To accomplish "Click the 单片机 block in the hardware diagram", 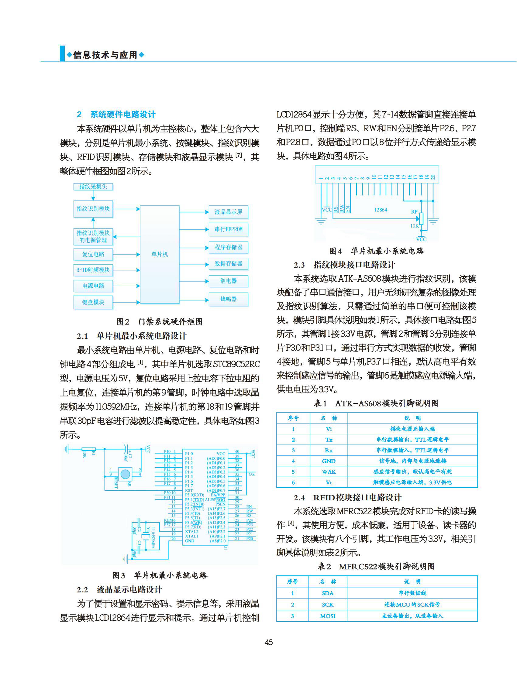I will [x=160, y=254].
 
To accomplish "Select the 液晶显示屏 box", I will [x=228, y=212].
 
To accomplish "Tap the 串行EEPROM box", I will [x=228, y=229].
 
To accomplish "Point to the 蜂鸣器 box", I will [x=228, y=299].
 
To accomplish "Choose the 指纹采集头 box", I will [x=93, y=187].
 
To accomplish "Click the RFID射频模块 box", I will [x=93, y=270].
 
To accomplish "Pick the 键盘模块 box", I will [x=93, y=302].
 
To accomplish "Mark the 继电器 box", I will [x=228, y=281].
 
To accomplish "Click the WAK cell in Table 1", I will [x=329, y=472].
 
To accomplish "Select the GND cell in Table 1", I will [x=329, y=461].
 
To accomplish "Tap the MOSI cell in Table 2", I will [x=328, y=616].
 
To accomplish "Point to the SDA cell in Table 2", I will [x=328, y=593].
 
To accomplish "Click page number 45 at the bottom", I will [x=269, y=642].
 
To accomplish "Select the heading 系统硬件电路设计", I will [x=122, y=115].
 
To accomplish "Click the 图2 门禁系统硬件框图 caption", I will [x=159, y=321].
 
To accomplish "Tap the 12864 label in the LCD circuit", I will [x=381, y=210].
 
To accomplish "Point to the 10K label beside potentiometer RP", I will [x=414, y=226].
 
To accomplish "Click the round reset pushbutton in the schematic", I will [x=125, y=474].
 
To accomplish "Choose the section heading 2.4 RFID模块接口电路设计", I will [x=347, y=497].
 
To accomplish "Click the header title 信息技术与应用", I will [x=105, y=55].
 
